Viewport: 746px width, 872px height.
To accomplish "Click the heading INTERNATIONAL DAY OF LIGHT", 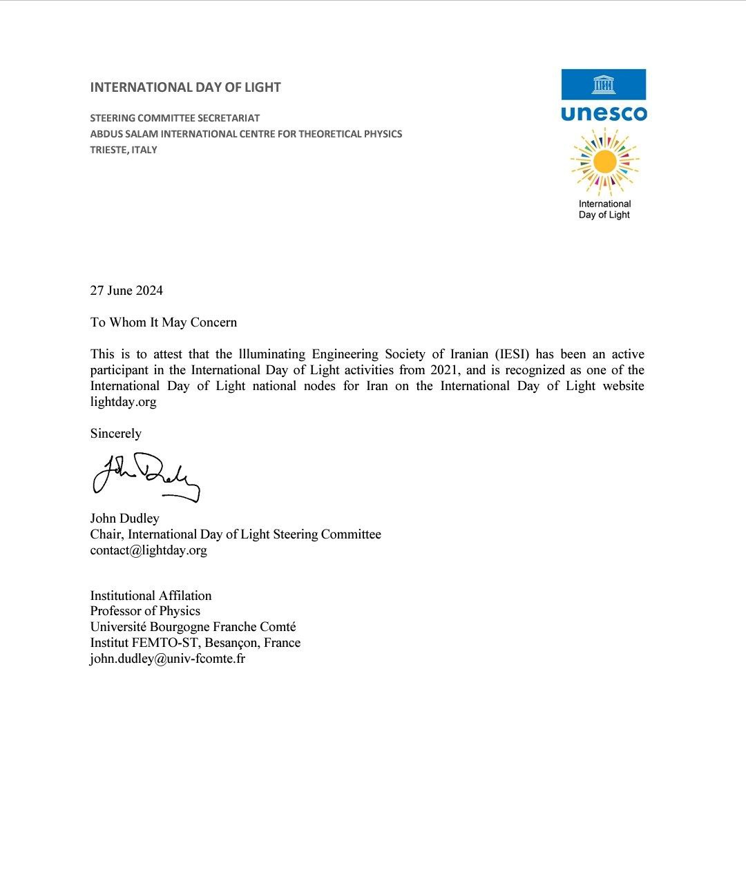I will [185, 88].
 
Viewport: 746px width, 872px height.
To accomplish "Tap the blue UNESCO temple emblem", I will [604, 84].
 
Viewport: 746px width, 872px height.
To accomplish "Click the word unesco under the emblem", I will [604, 113].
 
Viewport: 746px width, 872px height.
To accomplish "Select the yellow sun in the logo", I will [604, 162].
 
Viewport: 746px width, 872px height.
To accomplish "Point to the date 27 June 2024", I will [126, 291].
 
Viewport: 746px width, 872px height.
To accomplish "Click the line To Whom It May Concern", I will [163, 322].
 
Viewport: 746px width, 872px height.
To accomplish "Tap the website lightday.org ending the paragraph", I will [123, 402].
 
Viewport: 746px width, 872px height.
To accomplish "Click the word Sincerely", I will [115, 434].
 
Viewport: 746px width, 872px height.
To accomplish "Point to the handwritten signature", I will [146, 476].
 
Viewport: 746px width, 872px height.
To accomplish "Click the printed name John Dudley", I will [124, 519].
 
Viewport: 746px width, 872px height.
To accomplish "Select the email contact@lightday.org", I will [149, 550].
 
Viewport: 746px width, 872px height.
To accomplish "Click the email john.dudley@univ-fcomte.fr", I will [167, 659].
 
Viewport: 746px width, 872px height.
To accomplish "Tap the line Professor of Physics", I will [145, 611].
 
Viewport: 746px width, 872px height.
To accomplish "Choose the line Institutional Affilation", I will [151, 596].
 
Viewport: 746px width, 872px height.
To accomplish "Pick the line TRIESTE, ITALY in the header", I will [124, 150].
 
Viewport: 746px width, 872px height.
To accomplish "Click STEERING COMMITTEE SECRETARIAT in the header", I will [175, 118].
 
